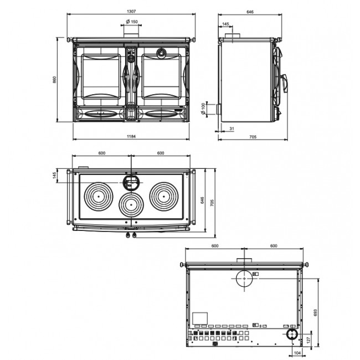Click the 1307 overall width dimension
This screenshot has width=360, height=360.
[x=131, y=11]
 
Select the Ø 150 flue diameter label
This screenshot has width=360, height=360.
[x=132, y=22]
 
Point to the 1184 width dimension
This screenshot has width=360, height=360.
[x=131, y=136]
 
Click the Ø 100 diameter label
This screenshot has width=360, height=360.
[x=203, y=108]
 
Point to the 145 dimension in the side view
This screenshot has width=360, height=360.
[x=225, y=24]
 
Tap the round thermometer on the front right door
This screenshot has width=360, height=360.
[x=161, y=54]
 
